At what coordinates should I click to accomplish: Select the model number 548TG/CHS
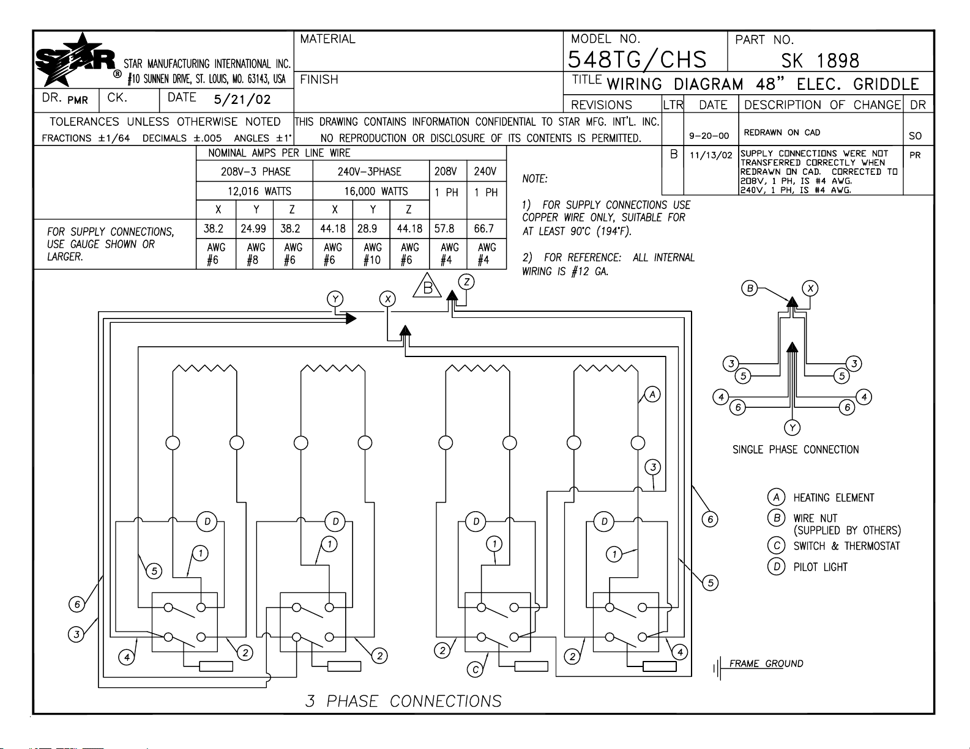[637, 60]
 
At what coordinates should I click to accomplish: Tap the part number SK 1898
[820, 61]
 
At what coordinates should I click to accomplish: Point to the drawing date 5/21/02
[242, 100]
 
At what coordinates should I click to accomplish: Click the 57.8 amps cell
[444, 229]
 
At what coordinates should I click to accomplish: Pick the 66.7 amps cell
[484, 229]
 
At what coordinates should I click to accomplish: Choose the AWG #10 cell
[371, 254]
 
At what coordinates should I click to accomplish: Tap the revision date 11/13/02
[711, 155]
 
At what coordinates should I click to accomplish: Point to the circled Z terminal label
[467, 282]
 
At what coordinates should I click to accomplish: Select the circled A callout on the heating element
[653, 394]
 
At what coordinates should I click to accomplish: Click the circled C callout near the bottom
[476, 670]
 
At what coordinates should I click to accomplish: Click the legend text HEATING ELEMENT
[834, 498]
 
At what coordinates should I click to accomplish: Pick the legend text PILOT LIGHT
[820, 567]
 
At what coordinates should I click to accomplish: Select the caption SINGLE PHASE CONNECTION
[796, 450]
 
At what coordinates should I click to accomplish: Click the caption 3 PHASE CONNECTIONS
[403, 701]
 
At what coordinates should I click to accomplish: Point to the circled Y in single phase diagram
[793, 427]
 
